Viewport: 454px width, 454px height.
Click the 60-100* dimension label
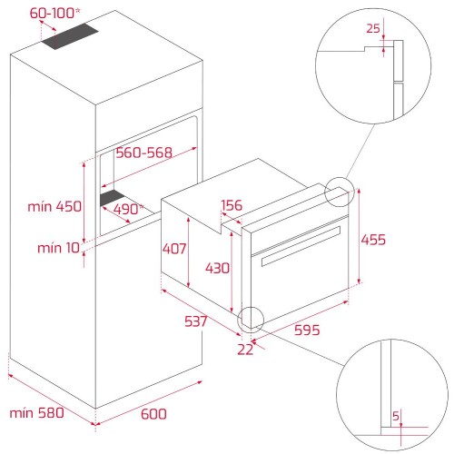click(55, 14)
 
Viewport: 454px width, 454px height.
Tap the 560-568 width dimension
click(143, 153)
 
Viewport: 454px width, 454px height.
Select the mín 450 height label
click(54, 207)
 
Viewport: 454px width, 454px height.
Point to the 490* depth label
click(128, 209)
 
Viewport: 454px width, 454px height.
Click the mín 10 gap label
click(58, 248)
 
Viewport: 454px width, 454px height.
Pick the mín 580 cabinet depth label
click(36, 413)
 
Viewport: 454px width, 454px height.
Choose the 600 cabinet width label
click(153, 414)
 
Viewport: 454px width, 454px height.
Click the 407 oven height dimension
click(174, 249)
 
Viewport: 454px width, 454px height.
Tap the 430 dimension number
click(217, 268)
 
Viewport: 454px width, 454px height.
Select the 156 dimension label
click(232, 205)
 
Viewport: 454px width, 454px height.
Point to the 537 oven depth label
click(196, 321)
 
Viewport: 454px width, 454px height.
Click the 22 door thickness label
click(245, 350)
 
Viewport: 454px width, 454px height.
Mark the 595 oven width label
click(307, 330)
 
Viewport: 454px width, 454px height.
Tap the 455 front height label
click(373, 240)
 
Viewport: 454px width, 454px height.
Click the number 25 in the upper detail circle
click(373, 28)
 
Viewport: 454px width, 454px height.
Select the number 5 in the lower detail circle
click(396, 417)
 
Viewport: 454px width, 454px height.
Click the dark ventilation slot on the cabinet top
click(70, 36)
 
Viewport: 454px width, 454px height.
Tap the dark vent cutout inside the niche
click(113, 198)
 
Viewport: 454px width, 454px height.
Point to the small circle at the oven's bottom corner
click(251, 307)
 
